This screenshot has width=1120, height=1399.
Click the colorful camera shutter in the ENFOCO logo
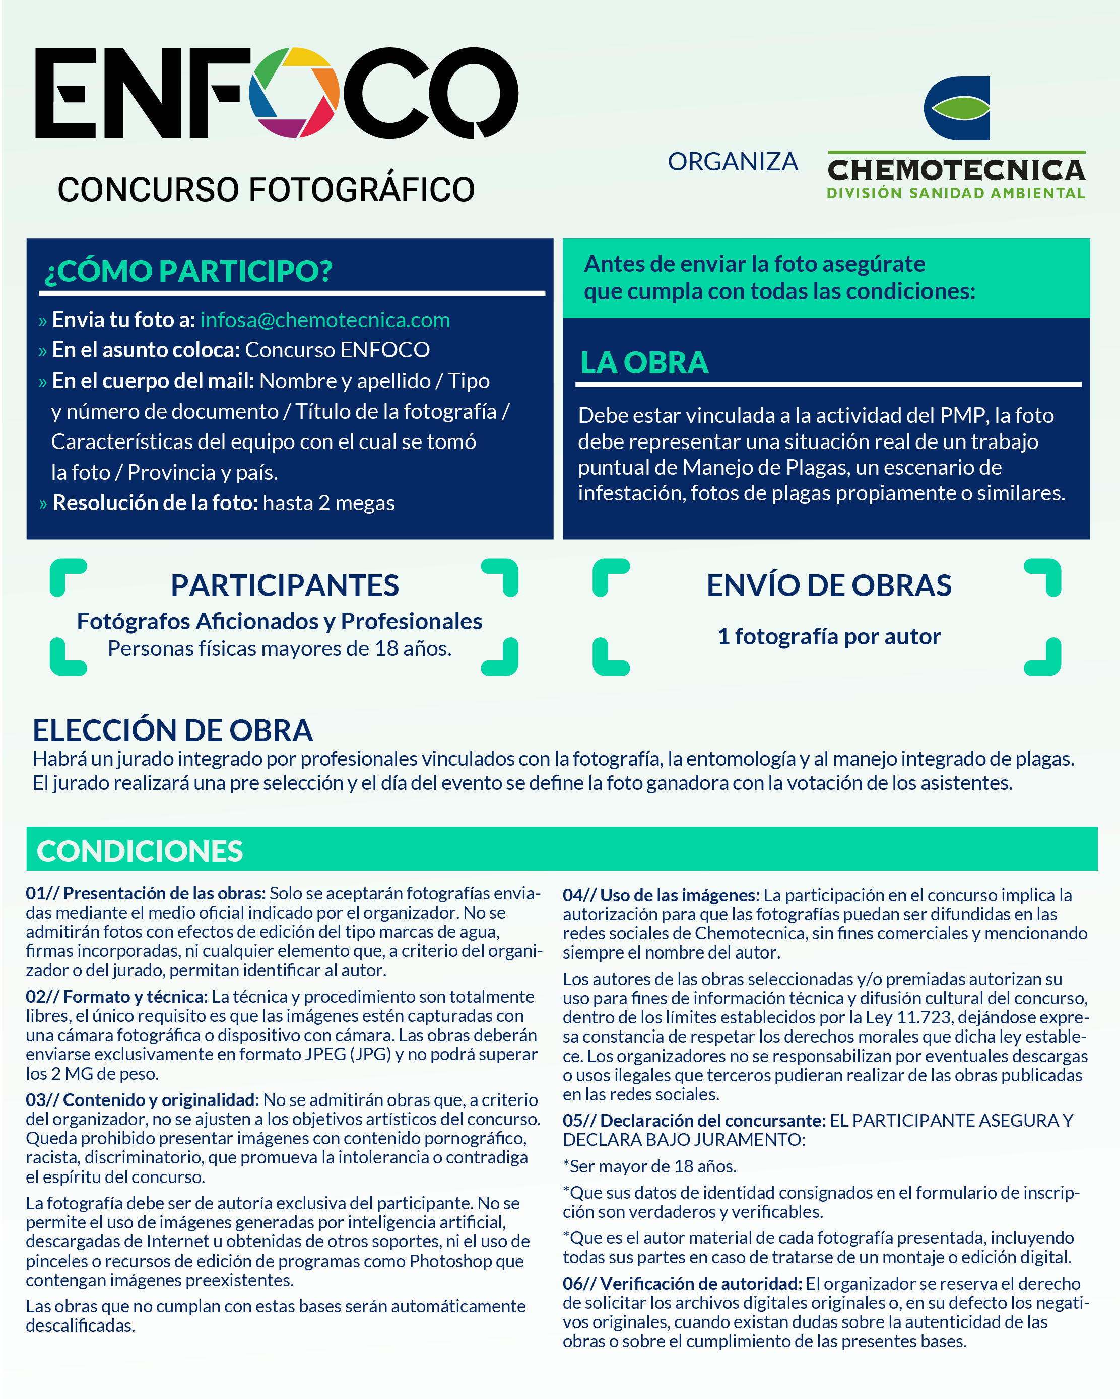point(294,92)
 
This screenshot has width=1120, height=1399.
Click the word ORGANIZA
point(733,162)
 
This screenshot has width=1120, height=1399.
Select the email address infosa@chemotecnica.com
point(324,320)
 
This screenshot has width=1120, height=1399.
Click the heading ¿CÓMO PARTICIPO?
point(188,271)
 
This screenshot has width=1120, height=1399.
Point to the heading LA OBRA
point(643,363)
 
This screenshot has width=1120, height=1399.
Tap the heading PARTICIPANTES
point(284,585)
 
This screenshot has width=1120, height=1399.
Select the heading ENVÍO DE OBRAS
point(828,585)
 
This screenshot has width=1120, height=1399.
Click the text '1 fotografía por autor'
point(828,636)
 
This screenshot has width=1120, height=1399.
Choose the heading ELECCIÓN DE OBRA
point(173,730)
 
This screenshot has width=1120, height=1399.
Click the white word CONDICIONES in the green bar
point(140,851)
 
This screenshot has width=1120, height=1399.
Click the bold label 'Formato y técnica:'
point(135,997)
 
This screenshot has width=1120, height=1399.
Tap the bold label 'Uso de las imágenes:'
point(679,896)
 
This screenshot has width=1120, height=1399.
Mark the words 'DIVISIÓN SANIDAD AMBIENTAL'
point(956,193)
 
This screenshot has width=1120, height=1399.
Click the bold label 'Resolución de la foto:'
point(155,503)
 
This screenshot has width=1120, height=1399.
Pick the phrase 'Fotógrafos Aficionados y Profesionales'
point(279,622)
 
